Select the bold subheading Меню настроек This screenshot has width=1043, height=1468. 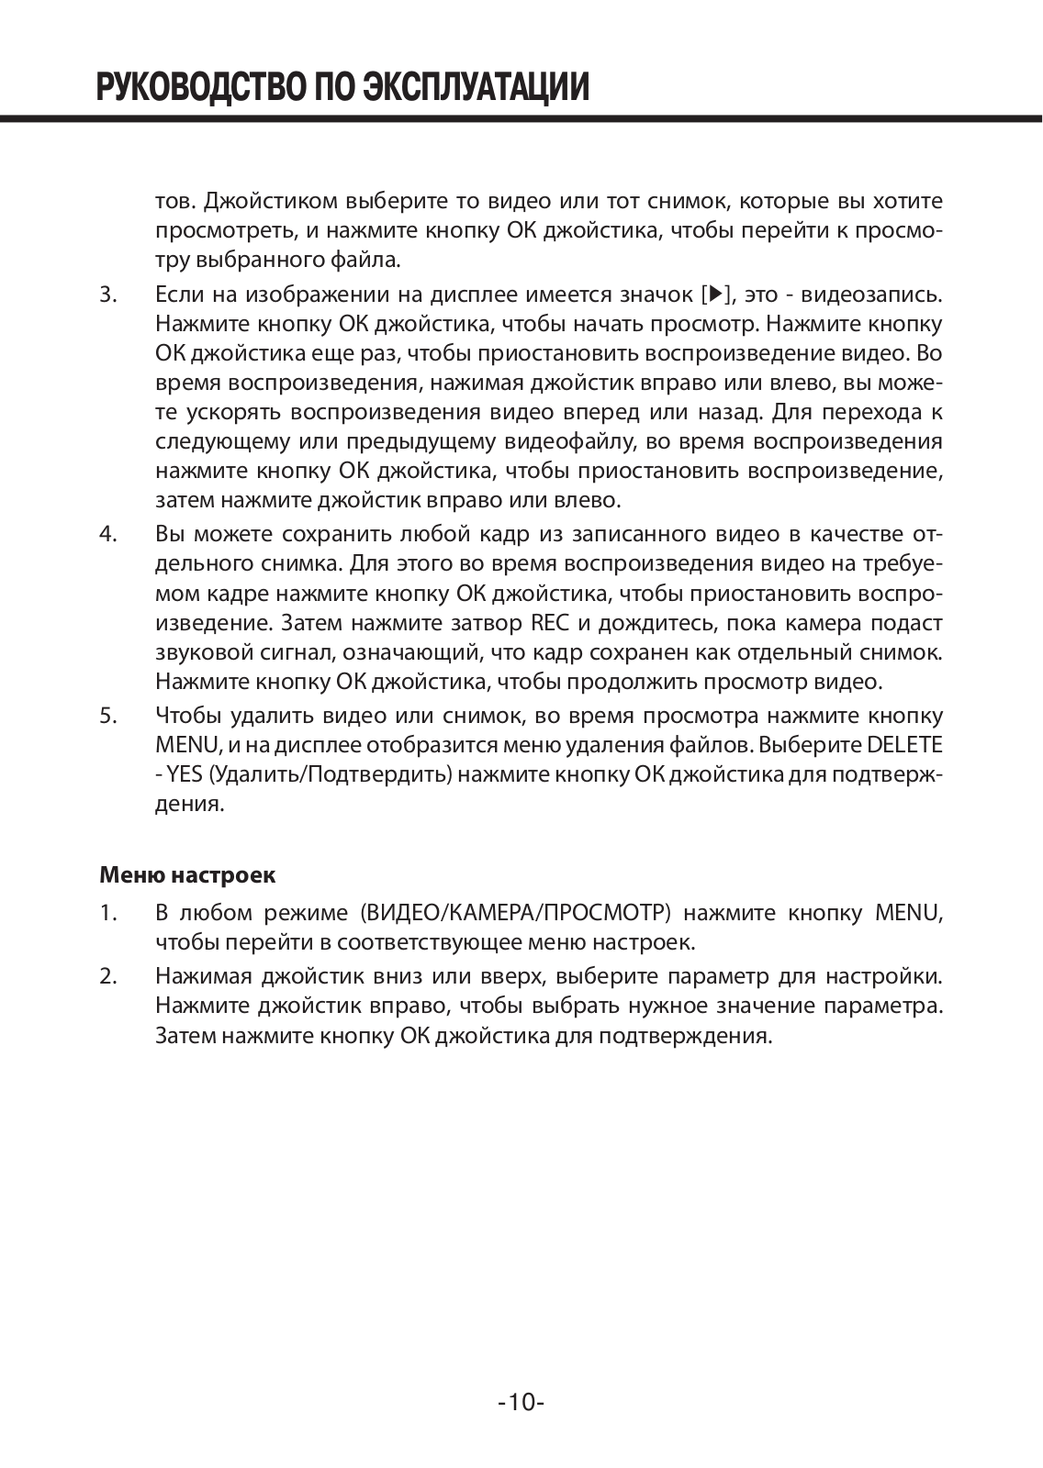pos(186,874)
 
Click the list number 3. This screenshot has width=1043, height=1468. pos(107,295)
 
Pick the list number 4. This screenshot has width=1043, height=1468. pos(107,534)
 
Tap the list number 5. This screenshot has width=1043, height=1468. pos(107,715)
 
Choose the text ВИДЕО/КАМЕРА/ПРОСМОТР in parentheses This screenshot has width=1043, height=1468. pos(511,913)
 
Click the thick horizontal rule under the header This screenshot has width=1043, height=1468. pos(521,117)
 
